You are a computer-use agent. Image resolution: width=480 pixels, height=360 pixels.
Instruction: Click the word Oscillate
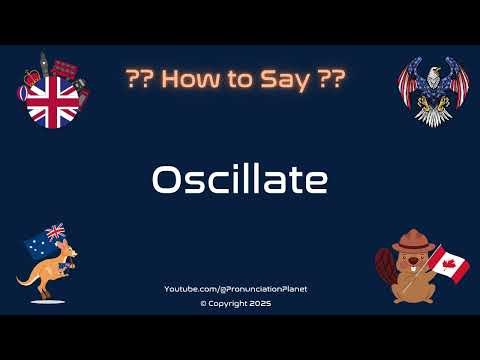coord(239,180)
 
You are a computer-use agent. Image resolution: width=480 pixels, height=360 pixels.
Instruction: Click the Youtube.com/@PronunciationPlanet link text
coord(235,289)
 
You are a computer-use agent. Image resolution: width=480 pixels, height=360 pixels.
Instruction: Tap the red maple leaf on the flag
coord(449,264)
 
